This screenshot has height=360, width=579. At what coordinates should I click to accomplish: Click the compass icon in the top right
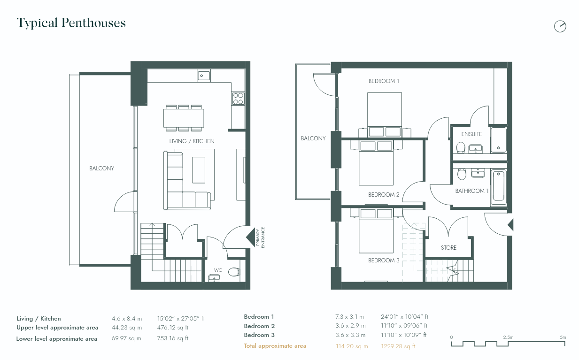(560, 26)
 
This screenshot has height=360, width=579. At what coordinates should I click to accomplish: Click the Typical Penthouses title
(71, 23)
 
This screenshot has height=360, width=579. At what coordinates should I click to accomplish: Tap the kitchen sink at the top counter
(204, 75)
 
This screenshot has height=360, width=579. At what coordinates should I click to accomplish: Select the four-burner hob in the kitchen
(238, 98)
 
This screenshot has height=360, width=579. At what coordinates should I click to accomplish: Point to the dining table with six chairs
(184, 118)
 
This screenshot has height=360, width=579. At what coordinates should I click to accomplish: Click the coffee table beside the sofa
(199, 170)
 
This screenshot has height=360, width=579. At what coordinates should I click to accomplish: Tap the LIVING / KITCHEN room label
(192, 141)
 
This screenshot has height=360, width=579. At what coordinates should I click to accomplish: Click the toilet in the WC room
(233, 272)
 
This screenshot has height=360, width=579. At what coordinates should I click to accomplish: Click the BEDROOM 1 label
(384, 81)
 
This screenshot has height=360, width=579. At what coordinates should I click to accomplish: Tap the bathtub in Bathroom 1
(498, 188)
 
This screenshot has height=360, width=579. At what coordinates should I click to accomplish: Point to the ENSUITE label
(471, 134)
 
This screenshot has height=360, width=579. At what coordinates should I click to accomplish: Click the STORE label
(448, 248)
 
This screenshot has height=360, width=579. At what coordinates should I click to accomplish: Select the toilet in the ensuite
(461, 148)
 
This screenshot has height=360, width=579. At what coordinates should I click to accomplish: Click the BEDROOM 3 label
(384, 260)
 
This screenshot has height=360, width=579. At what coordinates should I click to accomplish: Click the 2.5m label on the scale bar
(508, 337)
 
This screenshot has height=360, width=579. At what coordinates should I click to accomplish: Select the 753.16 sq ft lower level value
(173, 338)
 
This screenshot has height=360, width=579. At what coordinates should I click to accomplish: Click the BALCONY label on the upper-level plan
(313, 138)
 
